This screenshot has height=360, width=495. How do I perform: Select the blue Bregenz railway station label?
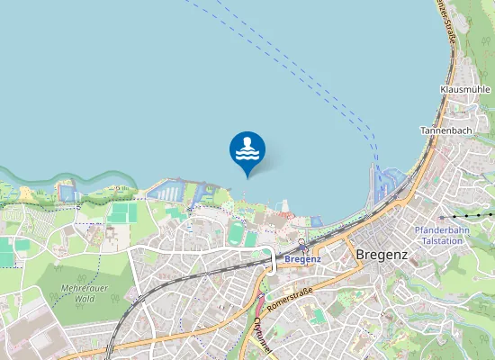302,259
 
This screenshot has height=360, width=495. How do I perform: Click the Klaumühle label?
464,90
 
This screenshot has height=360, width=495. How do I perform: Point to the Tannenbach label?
446,130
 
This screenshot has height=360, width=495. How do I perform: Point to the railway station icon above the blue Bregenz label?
302,246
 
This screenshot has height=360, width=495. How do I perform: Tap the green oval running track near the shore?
237,233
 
